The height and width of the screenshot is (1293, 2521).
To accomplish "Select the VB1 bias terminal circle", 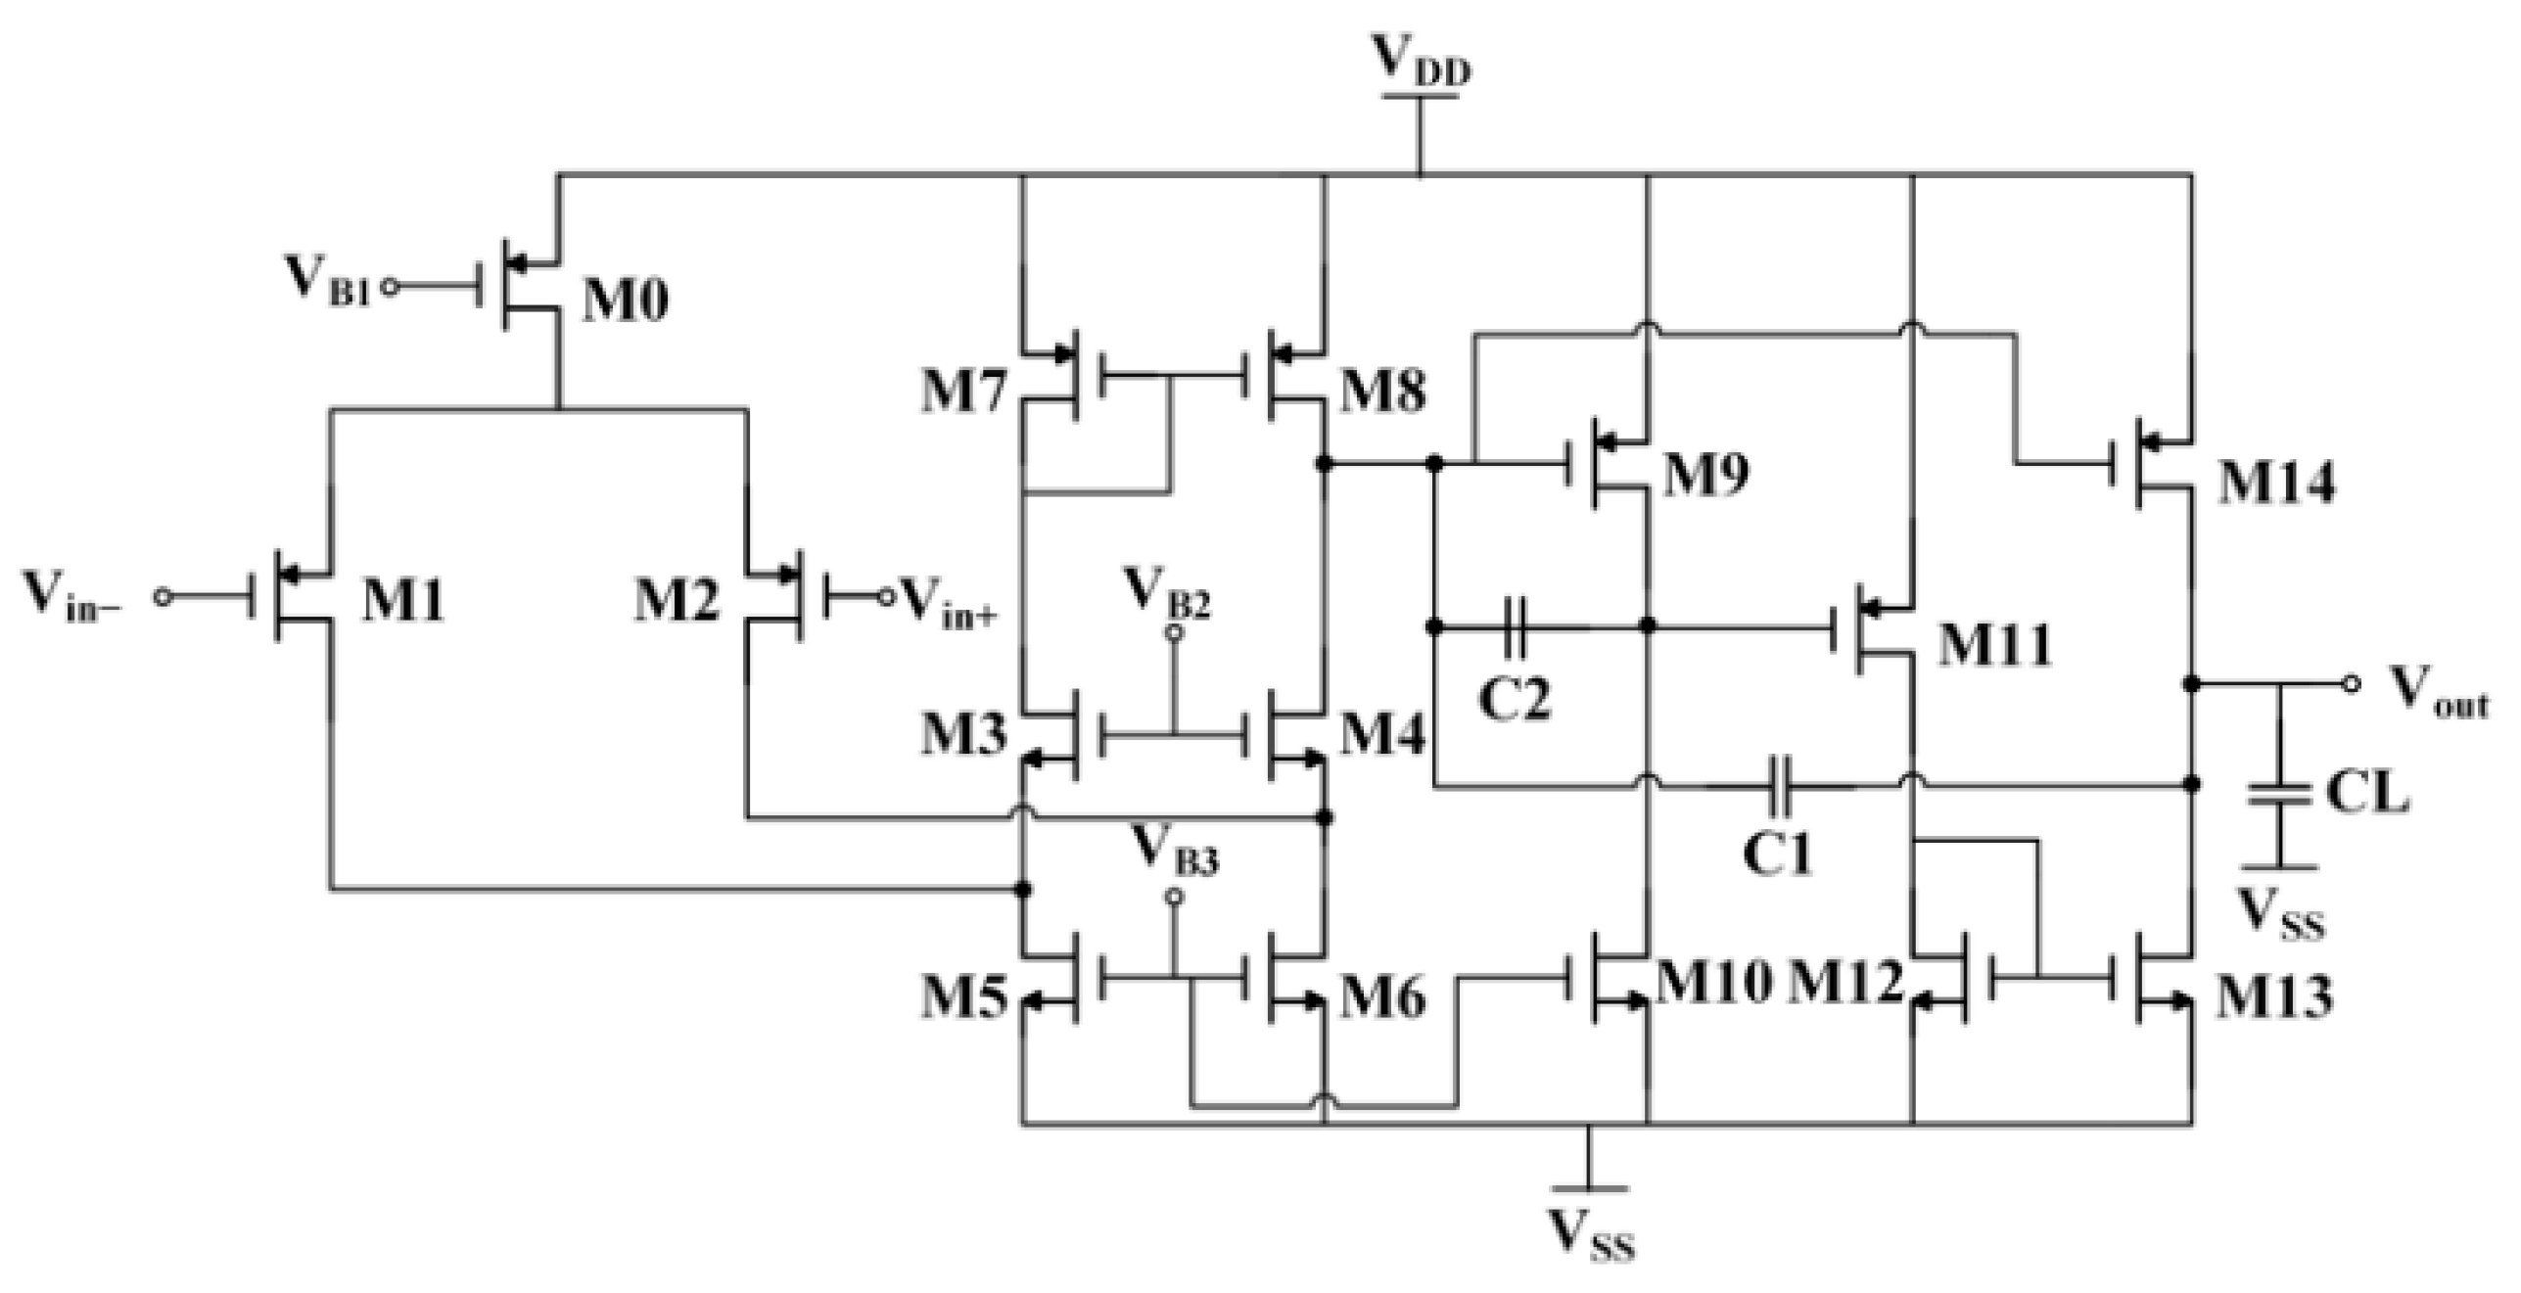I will [389, 288].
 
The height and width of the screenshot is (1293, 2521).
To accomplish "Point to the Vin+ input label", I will [948, 600].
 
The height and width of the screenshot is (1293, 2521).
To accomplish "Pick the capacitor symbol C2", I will [1514, 626].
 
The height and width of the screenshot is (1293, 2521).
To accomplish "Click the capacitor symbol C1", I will [1781, 786].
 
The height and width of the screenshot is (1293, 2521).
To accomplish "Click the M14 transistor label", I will [2275, 483].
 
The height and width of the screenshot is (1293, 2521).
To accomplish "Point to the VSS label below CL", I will [2280, 916].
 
